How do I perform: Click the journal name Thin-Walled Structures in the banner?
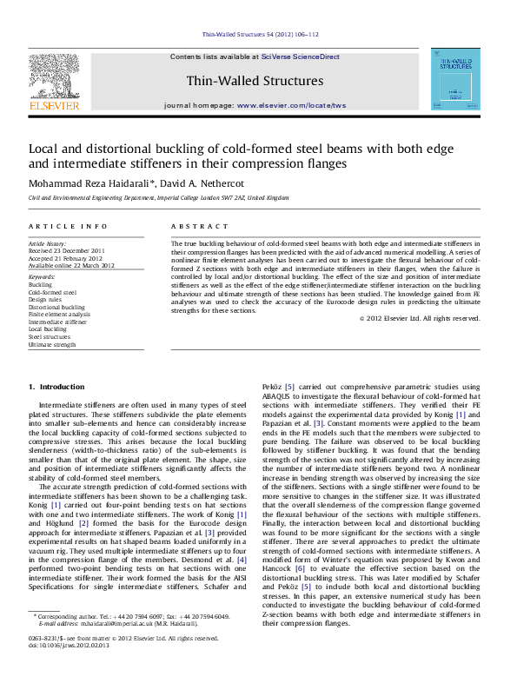(x=255, y=82)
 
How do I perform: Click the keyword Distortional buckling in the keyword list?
(x=56, y=307)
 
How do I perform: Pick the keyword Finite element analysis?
(x=59, y=315)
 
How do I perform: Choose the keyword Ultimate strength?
(x=52, y=345)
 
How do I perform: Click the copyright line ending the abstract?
(x=420, y=318)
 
